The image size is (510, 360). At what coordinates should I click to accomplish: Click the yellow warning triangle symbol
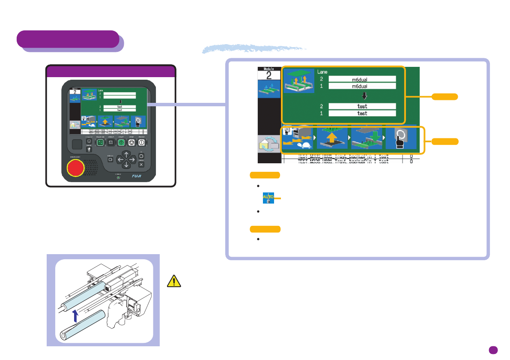[173, 281]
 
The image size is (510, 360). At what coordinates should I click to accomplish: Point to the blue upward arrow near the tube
[75, 316]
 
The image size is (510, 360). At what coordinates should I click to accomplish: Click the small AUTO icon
[268, 198]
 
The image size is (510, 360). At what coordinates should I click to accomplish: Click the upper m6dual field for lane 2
[362, 79]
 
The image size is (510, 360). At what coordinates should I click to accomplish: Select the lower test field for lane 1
[362, 114]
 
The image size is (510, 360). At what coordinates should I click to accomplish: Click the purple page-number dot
[493, 350]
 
